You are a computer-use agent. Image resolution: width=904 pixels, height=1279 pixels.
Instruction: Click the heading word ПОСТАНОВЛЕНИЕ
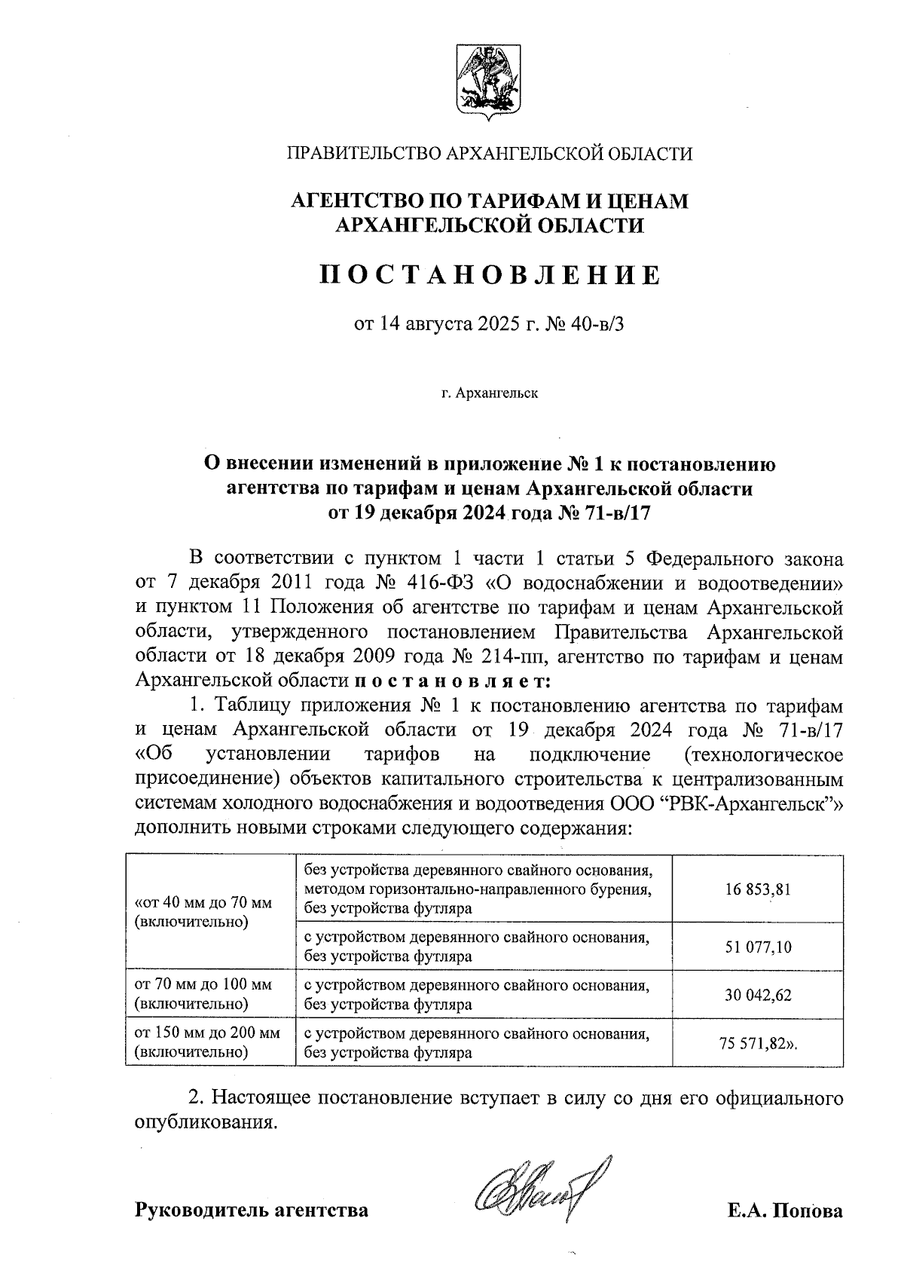[x=490, y=275]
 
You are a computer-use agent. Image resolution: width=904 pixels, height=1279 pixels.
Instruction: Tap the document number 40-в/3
[x=599, y=326]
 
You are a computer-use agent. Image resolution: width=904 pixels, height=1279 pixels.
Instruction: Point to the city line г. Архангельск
[x=490, y=393]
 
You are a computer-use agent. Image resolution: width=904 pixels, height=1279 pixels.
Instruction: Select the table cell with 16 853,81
[x=758, y=889]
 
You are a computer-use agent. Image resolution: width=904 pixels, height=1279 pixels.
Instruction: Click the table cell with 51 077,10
[x=758, y=947]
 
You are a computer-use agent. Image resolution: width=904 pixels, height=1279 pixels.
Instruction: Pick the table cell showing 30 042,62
[x=758, y=995]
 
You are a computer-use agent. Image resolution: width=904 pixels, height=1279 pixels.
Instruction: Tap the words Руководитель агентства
[x=252, y=1210]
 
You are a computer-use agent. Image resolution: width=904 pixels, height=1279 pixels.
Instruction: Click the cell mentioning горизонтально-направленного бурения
[x=478, y=890]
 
